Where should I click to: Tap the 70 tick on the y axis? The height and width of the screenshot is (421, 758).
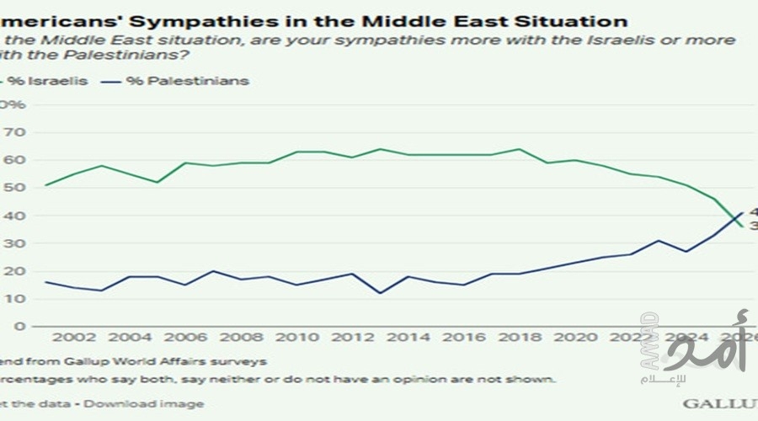[x=16, y=132]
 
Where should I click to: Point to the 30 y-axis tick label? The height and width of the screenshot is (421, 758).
[x=16, y=243]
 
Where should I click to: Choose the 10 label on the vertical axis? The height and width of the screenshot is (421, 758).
[x=16, y=299]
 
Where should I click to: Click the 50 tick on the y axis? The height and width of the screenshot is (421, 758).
[x=16, y=188]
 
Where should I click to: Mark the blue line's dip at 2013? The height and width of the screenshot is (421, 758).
[x=381, y=293]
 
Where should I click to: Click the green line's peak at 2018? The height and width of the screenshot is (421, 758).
[x=520, y=149]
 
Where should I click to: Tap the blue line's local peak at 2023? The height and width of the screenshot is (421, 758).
[x=659, y=241]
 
